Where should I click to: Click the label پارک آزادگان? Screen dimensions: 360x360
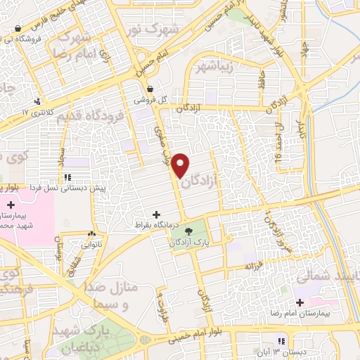[190, 241]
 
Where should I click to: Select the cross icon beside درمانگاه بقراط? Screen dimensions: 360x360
[156, 214]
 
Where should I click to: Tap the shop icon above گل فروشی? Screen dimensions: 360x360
[150, 89]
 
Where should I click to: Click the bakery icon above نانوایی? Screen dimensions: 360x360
[92, 235]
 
